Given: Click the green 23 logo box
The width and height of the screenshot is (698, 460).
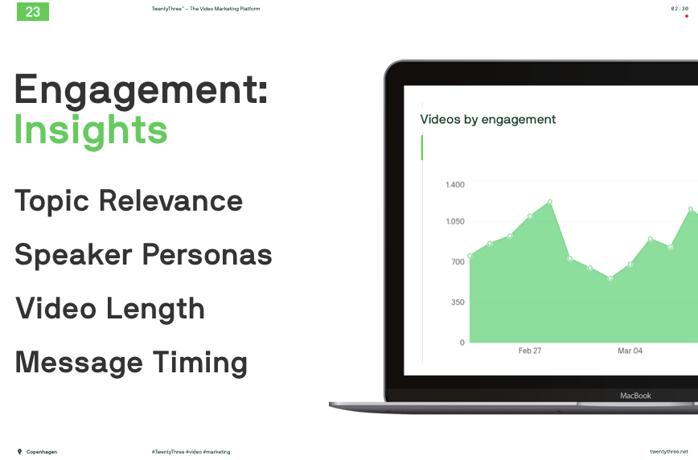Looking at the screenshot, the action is (x=33, y=11).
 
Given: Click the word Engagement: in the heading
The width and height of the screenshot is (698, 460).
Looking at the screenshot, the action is (x=141, y=90).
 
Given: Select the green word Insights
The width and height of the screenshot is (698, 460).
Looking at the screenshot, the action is (x=91, y=129).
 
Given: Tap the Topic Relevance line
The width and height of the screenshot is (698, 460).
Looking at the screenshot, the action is (x=129, y=201).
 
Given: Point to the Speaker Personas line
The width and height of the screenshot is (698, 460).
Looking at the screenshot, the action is (x=143, y=255).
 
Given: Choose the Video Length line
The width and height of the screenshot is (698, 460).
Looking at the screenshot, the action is (x=110, y=309).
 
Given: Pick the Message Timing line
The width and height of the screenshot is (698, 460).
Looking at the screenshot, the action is (x=131, y=363).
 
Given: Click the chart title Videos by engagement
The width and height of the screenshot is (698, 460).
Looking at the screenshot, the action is (x=488, y=119).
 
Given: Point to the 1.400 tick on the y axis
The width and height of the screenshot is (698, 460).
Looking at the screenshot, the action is (x=455, y=185).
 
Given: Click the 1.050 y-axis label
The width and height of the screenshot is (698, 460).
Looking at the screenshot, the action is (x=455, y=221).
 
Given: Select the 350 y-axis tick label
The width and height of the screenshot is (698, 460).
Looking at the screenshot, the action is (x=458, y=302).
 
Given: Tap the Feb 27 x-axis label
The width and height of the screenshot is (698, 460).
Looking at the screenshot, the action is (x=530, y=351).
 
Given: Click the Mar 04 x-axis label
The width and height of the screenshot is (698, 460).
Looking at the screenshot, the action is (x=630, y=351).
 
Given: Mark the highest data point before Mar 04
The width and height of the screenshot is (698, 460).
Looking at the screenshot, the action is (x=550, y=202).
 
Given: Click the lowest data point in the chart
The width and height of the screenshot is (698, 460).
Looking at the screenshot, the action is (x=610, y=278).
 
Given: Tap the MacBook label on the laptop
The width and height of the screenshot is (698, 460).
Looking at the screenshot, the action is (x=635, y=396).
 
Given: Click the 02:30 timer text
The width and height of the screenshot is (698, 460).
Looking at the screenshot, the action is (x=680, y=9).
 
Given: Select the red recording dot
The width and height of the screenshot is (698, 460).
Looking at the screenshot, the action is (x=687, y=16).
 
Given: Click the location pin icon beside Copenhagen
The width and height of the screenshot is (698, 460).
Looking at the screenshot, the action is (x=19, y=451).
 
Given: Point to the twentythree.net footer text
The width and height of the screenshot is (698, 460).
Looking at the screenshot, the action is (x=668, y=451).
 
